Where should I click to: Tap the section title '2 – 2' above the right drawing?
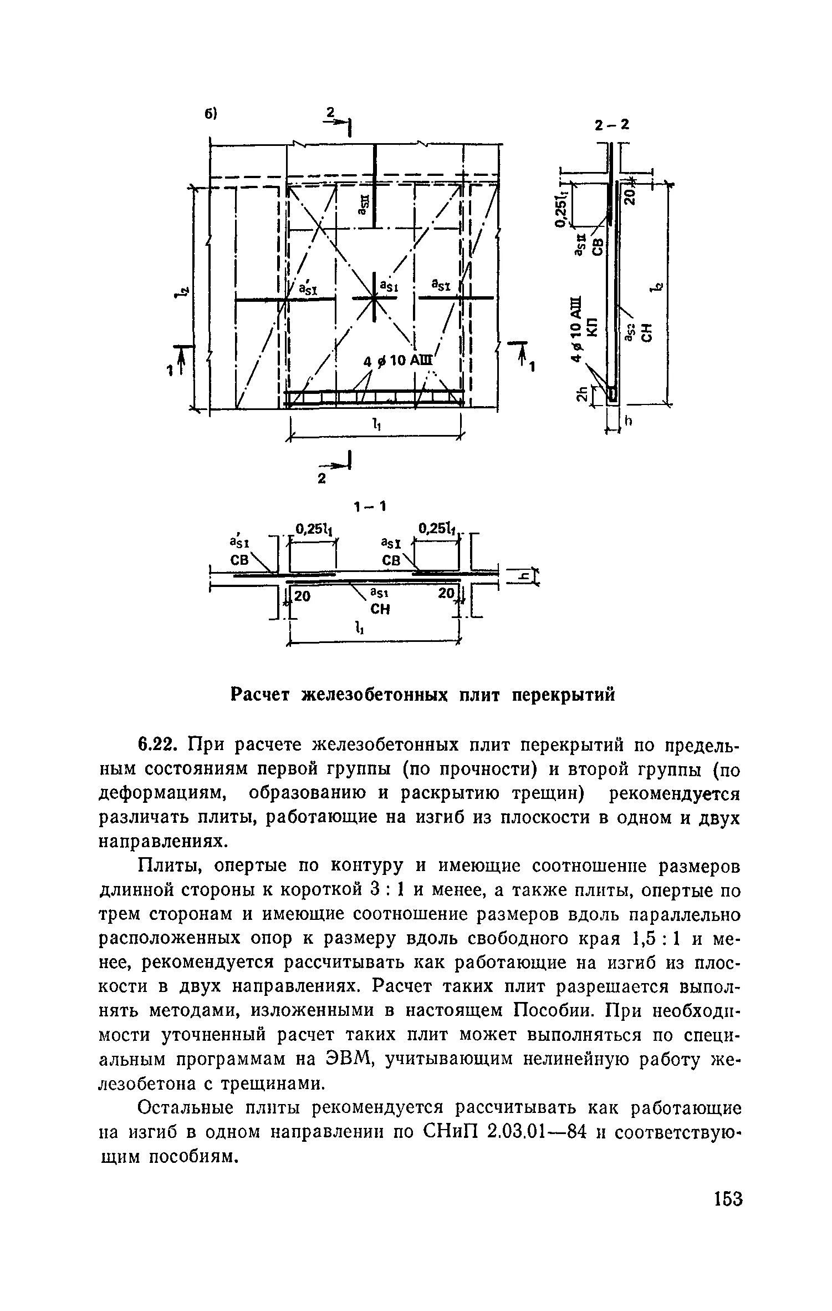tap(612, 125)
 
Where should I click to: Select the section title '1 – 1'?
tap(370, 507)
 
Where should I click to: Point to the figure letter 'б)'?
tap(211, 114)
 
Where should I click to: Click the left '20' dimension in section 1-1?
tap(302, 596)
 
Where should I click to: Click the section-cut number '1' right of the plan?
tap(532, 367)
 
